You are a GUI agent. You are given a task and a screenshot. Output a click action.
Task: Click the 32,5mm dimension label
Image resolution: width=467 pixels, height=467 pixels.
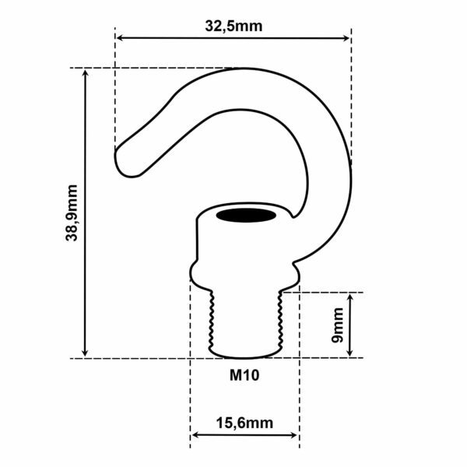(x=233, y=25)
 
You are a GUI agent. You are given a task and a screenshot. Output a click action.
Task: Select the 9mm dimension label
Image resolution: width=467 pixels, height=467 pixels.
(x=336, y=325)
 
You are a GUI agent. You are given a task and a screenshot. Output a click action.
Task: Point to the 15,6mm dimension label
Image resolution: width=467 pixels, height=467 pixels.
(x=244, y=423)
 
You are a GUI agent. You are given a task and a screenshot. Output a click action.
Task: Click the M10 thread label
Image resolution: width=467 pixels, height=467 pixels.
(x=244, y=375)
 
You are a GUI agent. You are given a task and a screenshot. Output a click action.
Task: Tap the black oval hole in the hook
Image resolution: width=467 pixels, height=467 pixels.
(x=244, y=214)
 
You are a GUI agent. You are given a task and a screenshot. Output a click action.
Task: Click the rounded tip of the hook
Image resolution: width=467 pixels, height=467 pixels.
(x=123, y=161)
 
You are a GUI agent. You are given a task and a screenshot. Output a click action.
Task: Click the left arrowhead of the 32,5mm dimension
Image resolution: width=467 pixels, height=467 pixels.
(x=121, y=37)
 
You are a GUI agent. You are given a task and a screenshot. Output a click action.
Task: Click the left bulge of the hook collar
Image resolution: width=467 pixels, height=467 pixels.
(x=195, y=272)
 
